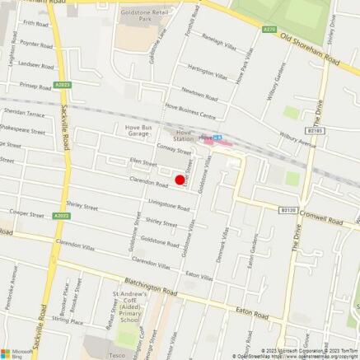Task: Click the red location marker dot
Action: tap(180, 179)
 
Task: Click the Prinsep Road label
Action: tap(35, 85)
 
